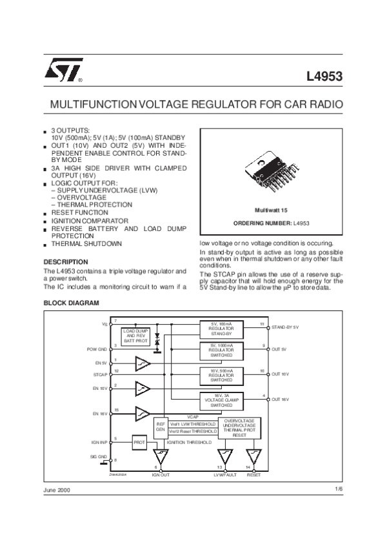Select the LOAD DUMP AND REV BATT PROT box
[136, 336]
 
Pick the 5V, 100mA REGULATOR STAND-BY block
[220, 328]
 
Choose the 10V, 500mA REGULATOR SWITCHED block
[220, 376]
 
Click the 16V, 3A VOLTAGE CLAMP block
[220, 399]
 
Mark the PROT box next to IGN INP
[140, 443]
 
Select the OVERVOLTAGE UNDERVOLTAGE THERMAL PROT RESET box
[243, 428]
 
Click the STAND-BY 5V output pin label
[286, 328]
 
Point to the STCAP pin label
[99, 374]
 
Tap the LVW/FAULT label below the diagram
[225, 474]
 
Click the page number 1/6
[339, 490]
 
